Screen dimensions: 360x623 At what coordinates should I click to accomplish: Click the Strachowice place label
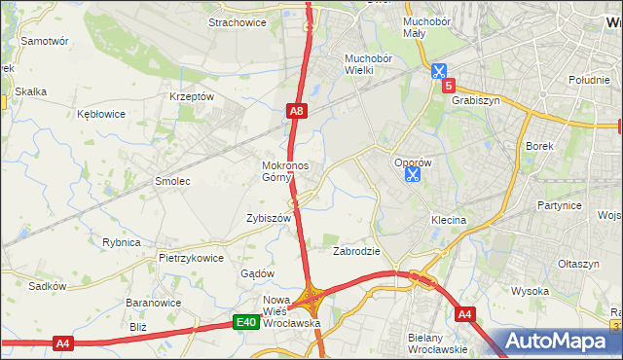(238, 21)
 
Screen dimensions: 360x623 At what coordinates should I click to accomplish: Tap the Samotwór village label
(44, 42)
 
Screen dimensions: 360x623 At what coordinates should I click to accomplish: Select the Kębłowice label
(101, 114)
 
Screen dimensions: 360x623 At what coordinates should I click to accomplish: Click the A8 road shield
(298, 113)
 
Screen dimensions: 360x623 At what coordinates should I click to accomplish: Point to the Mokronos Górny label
(285, 171)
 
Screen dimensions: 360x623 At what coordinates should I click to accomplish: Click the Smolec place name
(172, 181)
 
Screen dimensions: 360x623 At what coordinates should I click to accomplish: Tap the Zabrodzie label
(356, 251)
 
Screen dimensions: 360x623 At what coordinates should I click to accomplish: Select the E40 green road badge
(246, 322)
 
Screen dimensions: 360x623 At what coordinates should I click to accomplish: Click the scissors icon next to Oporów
(413, 175)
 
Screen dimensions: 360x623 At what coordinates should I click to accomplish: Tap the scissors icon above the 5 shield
(439, 70)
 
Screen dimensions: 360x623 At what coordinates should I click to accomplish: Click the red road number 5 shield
(448, 87)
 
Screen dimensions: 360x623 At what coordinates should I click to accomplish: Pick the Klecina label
(449, 221)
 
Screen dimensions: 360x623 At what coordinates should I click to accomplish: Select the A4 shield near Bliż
(63, 342)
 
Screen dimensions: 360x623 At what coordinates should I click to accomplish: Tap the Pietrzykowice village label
(191, 259)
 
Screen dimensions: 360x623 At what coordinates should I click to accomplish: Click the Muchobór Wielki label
(366, 64)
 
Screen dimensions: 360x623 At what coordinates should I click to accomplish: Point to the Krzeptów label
(191, 97)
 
